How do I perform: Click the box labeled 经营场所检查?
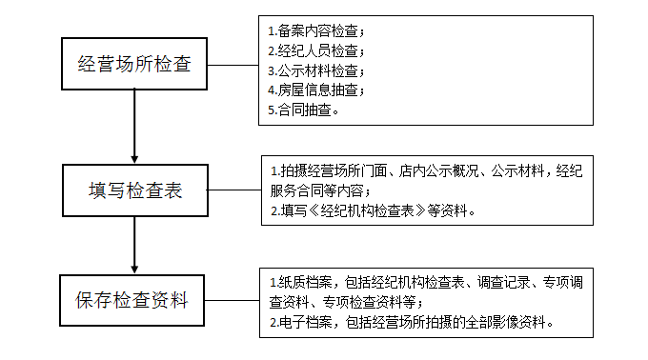click(x=134, y=65)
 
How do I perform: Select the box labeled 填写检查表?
click(x=134, y=190)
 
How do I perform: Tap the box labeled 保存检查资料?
click(x=134, y=302)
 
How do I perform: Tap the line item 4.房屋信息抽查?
click(x=315, y=90)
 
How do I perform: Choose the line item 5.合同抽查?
click(x=304, y=110)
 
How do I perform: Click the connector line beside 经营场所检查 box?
click(x=233, y=65)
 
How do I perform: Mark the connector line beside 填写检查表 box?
click(x=234, y=190)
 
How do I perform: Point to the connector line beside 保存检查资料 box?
click(x=234, y=302)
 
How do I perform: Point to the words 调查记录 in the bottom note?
click(x=502, y=284)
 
